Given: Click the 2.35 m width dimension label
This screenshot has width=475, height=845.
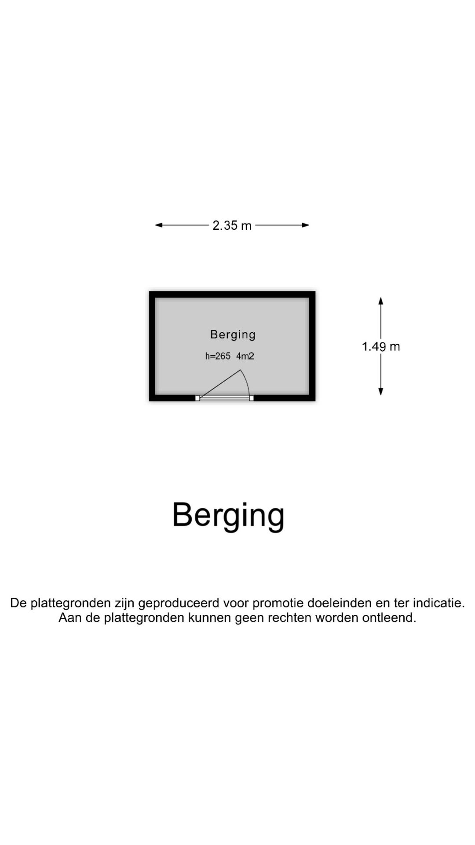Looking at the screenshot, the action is (x=232, y=225).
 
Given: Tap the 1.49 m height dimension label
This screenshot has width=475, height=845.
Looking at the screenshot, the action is (x=381, y=347).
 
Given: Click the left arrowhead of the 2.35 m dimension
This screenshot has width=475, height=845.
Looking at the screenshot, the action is (x=159, y=225).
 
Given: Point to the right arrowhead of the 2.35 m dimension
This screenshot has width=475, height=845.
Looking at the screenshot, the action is (x=305, y=225).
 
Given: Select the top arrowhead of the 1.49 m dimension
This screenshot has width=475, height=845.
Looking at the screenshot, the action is (x=381, y=301).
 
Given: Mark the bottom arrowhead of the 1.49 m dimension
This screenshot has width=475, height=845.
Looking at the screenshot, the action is (x=381, y=391).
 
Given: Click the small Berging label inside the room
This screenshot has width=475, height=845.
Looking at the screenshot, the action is (x=233, y=335).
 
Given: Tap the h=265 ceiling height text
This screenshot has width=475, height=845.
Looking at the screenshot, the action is (x=218, y=356).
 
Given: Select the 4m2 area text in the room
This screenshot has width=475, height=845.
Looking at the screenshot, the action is (x=245, y=356).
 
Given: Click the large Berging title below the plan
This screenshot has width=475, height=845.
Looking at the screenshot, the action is (x=228, y=515).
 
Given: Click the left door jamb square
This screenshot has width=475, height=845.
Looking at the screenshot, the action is (x=197, y=398).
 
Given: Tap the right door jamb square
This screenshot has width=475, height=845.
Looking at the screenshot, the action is (x=252, y=398).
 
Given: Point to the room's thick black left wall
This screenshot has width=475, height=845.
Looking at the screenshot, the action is (x=152, y=346).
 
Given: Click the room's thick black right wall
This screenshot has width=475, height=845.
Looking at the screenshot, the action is (x=312, y=346).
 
